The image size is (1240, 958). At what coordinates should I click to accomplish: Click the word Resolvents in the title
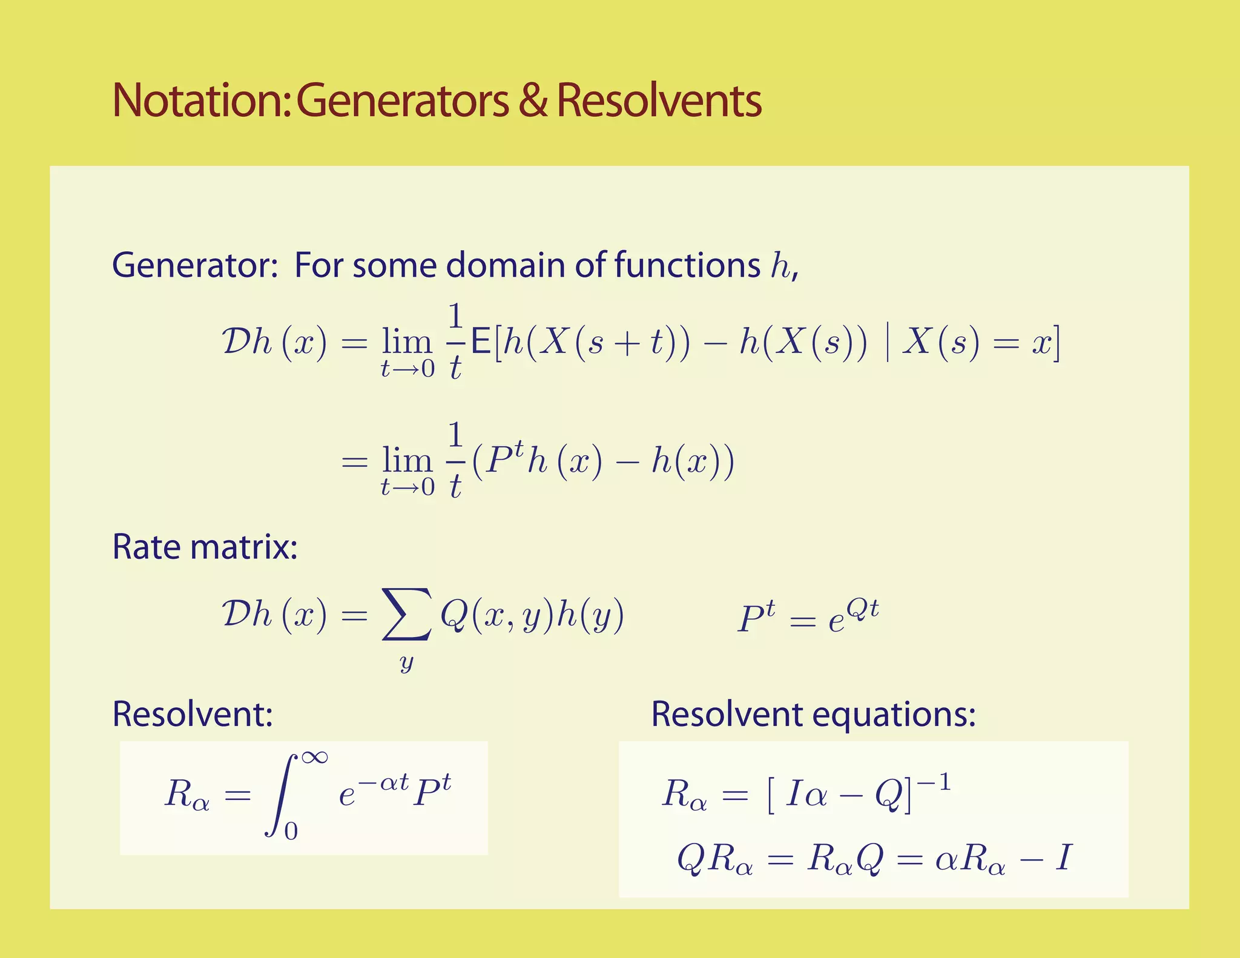659,101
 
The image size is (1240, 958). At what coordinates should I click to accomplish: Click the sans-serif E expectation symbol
481,343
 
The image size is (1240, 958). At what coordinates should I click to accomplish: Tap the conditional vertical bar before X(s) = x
887,343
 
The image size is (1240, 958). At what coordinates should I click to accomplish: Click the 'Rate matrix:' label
205,547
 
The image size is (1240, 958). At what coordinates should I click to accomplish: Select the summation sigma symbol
407,614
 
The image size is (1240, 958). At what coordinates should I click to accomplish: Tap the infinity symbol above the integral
314,757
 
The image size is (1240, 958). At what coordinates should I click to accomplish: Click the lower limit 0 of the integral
291,832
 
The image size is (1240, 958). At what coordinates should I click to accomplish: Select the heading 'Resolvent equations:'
813,714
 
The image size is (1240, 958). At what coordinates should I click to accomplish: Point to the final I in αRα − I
1063,859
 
